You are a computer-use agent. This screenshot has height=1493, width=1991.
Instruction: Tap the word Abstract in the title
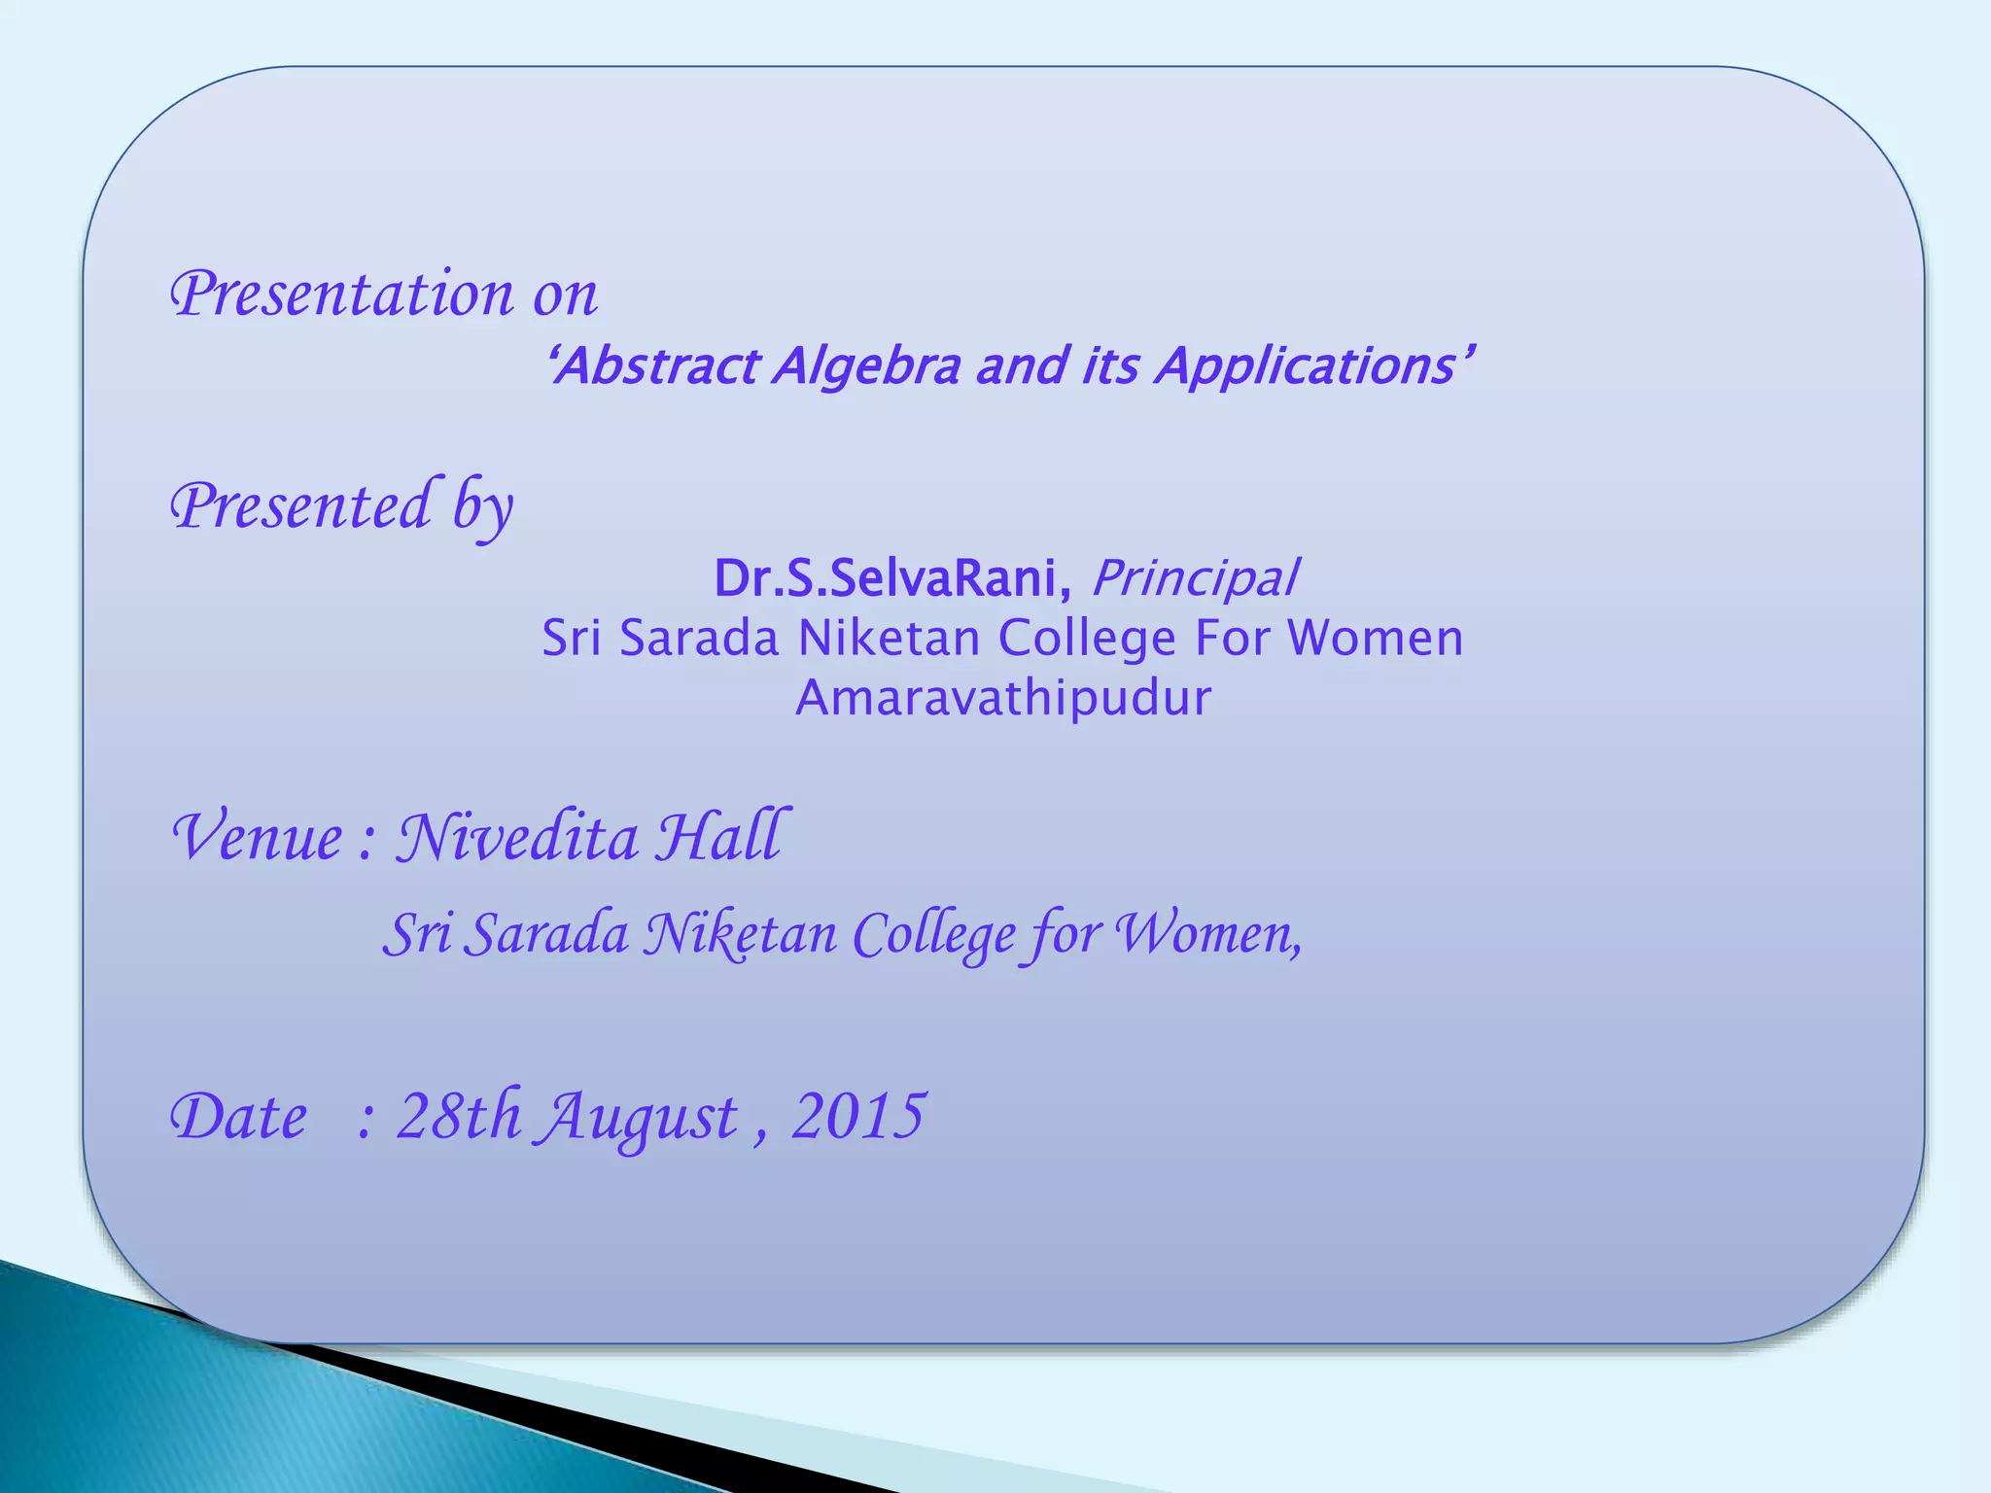[x=657, y=366]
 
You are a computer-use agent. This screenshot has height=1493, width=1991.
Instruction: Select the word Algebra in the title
[x=867, y=366]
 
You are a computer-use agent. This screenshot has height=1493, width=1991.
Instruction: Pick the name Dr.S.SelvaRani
[x=886, y=578]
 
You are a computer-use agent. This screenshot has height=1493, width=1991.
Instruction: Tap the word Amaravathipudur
[x=1003, y=698]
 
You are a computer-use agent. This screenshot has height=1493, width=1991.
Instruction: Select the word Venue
[x=258, y=837]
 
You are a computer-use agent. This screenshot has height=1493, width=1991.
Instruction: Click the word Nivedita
[x=516, y=837]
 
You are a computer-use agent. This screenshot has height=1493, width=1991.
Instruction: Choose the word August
[x=640, y=1118]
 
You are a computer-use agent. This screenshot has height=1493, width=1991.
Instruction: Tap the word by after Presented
[x=482, y=506]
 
